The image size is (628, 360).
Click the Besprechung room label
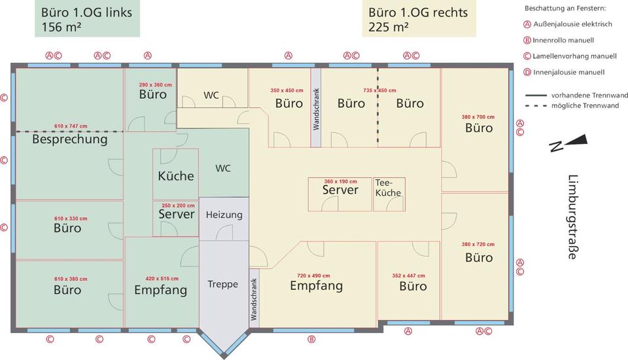[x=69, y=139]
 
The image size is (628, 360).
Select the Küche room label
[x=176, y=175]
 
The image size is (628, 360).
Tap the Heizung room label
[x=224, y=215]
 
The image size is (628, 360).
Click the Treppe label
[x=222, y=284]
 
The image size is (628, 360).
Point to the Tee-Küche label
[x=388, y=188]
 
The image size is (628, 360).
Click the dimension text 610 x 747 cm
[x=71, y=126]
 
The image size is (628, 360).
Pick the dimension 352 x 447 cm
[x=408, y=276]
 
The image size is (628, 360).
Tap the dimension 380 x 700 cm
[x=478, y=117]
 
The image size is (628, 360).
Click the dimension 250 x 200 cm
[x=178, y=205]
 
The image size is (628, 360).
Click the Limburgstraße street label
[x=572, y=217]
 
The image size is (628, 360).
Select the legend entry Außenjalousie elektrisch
[x=572, y=24]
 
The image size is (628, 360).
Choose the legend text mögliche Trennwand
[x=584, y=105]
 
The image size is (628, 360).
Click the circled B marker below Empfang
[x=312, y=339]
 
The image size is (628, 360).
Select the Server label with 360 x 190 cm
[x=340, y=190]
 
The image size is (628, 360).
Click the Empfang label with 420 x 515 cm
[x=160, y=290]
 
